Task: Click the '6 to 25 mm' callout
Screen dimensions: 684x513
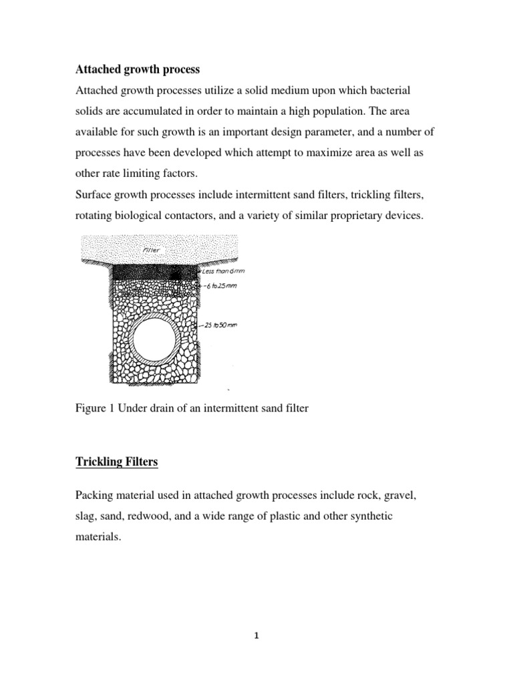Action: click(224, 285)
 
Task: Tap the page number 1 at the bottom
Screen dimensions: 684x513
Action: click(256, 636)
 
